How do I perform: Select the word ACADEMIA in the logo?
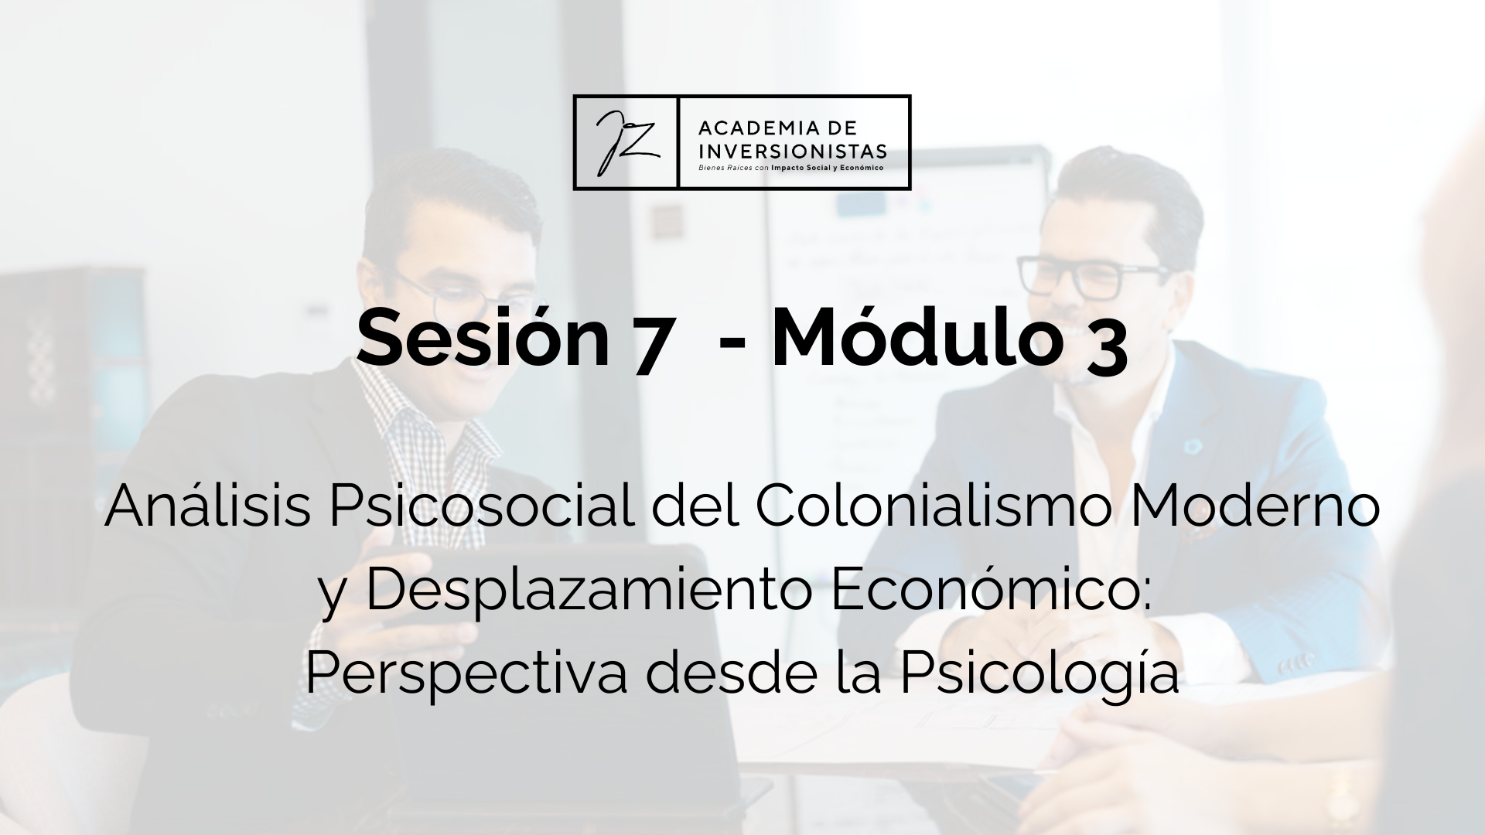(754, 127)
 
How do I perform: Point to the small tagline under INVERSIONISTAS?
(790, 166)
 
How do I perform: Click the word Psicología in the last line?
(1040, 674)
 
